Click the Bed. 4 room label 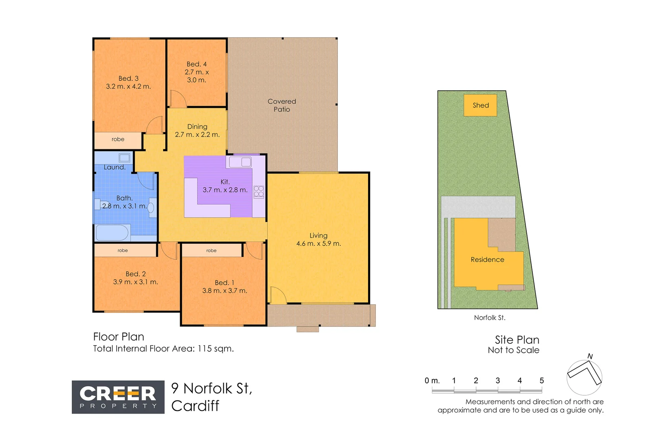point(197,64)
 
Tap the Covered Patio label point(282,105)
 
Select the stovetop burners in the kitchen point(259,192)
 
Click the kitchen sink point(240,162)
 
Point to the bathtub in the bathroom point(112,233)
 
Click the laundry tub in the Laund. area point(124,158)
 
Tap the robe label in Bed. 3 point(118,139)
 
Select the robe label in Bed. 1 point(211,251)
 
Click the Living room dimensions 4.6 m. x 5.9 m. point(318,244)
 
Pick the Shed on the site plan point(480,105)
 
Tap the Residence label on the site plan point(487,260)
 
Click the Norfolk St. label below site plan point(490,318)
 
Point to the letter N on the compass point(590,356)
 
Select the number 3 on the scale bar point(497,381)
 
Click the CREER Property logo point(118,397)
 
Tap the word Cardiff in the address point(195,406)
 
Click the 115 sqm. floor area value point(215,349)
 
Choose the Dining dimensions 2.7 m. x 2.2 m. point(197,135)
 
